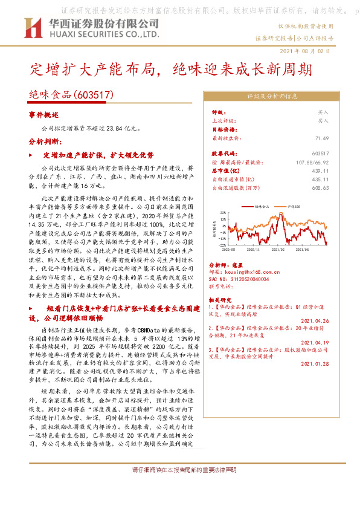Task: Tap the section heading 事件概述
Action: tap(43, 114)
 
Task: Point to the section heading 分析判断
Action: tap(45, 141)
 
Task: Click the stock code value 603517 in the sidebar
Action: tap(321, 154)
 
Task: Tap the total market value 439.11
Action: tap(321, 171)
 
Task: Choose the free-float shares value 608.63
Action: tap(321, 188)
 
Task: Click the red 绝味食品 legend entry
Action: tap(264, 206)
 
